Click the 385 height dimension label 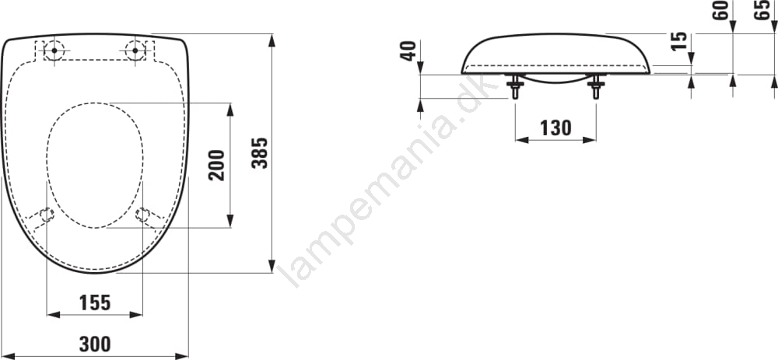click(260, 153)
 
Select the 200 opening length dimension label click(217, 165)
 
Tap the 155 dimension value click(95, 302)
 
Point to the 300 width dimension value click(95, 344)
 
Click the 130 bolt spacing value click(555, 128)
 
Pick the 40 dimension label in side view click(408, 51)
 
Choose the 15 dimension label click(679, 40)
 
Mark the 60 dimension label click(720, 10)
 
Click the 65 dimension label click(762, 10)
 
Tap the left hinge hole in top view click(54, 50)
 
